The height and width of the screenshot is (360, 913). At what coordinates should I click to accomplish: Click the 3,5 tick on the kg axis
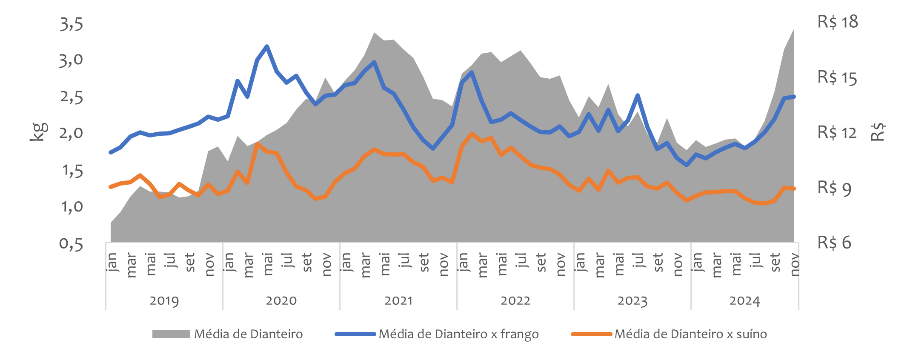coord(71,24)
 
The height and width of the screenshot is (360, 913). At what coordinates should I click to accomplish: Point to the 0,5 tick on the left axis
coord(71,244)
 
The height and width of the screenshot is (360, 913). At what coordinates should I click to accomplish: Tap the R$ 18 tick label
coord(837,22)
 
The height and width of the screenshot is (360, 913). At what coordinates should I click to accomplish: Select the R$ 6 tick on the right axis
coord(834,243)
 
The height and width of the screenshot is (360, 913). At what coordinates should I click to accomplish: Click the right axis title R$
coord(878,132)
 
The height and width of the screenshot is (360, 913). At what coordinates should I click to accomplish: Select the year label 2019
coord(164,301)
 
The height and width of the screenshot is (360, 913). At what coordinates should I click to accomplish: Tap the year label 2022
coord(515,301)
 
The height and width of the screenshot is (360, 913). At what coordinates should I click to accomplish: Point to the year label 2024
coord(744,301)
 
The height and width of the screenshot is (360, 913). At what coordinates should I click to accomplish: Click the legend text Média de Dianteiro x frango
coord(458,334)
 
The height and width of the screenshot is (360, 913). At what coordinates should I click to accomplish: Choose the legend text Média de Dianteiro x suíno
coord(690,334)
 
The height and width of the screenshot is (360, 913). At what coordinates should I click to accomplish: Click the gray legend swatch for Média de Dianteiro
coord(171,334)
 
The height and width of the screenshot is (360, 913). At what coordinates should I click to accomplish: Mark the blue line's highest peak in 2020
coord(267,46)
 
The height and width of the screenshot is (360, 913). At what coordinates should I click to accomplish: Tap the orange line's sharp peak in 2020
coord(257,144)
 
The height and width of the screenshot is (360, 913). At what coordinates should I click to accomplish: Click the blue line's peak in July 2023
coord(638,95)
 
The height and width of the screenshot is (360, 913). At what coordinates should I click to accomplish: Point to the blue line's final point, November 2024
coord(794,97)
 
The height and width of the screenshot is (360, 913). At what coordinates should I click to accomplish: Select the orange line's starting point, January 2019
coord(111,187)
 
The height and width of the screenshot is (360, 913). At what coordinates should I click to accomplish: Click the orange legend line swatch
coord(591,334)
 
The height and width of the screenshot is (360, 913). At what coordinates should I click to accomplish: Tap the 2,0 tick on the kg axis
coord(71,134)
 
